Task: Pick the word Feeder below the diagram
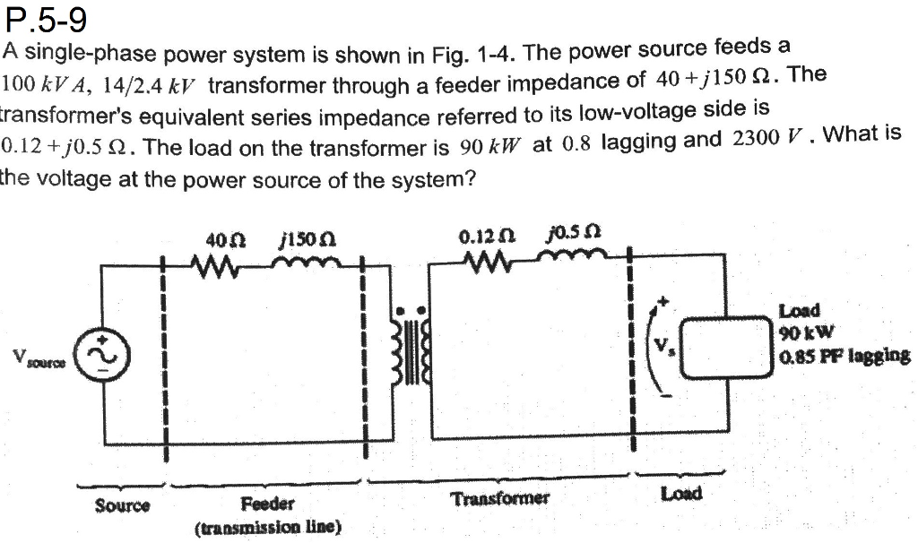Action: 267,505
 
